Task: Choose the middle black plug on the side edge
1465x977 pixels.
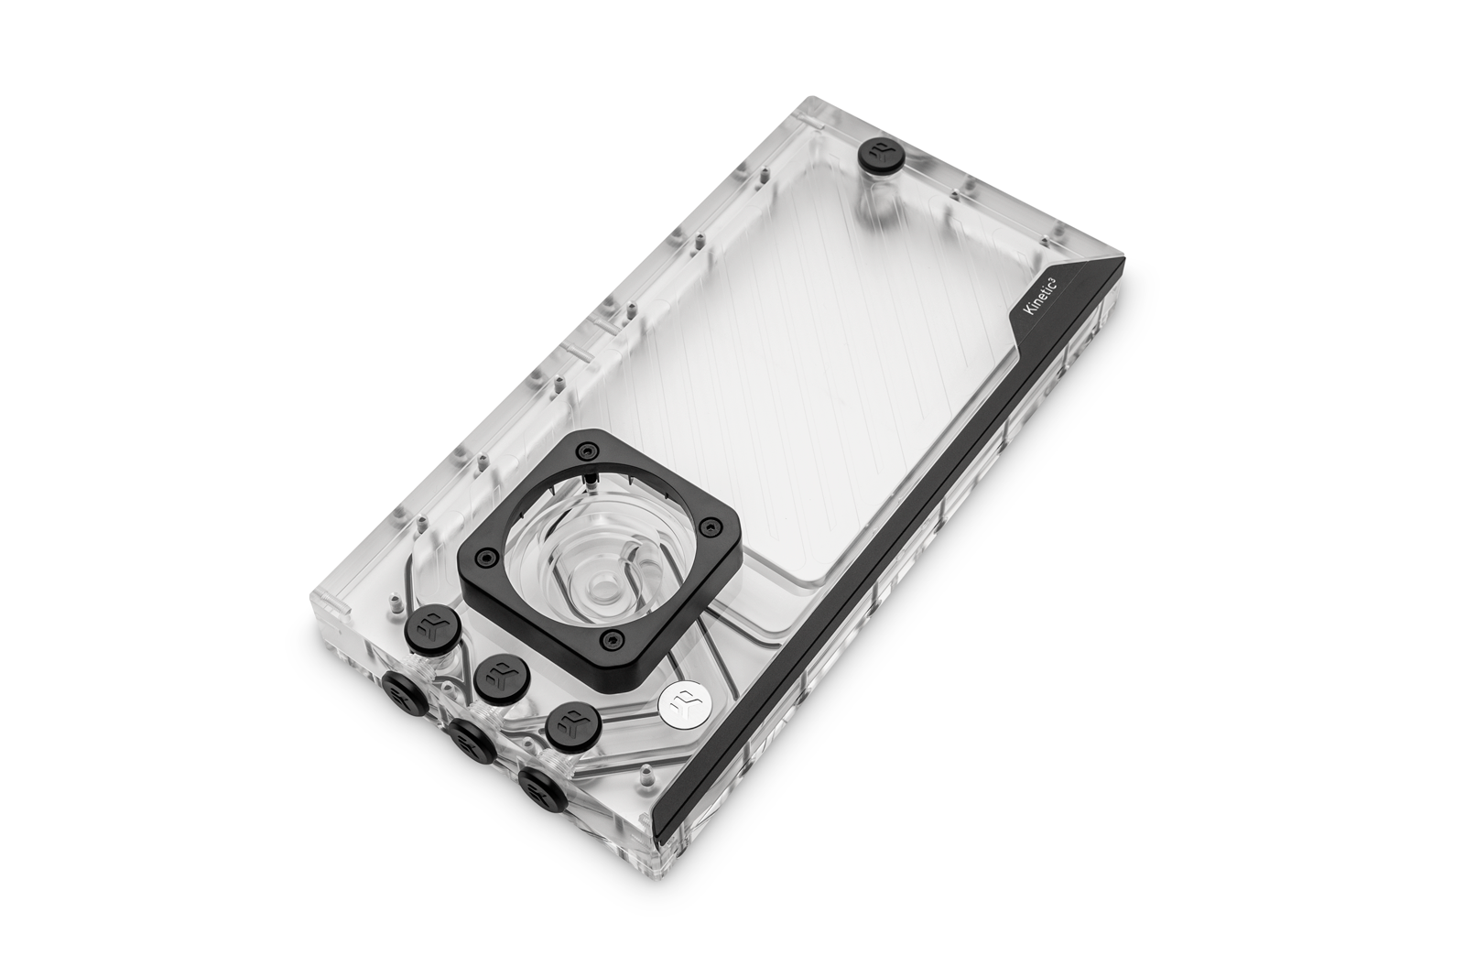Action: coord(472,743)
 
